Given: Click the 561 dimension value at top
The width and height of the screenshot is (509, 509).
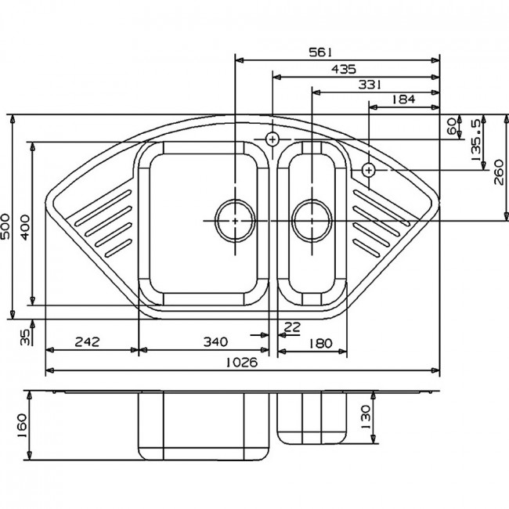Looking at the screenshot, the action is tap(320, 52).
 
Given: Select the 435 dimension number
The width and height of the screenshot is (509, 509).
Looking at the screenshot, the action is tap(344, 69).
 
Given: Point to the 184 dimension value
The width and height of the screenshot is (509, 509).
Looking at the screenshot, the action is tap(403, 99).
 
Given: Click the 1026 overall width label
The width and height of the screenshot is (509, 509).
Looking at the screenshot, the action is tap(241, 362).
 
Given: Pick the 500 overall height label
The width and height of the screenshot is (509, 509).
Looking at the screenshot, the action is tap(5, 226).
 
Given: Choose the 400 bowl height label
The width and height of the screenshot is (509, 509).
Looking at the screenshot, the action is tap(25, 227).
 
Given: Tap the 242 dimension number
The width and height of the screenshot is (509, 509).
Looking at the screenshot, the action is tap(87, 342).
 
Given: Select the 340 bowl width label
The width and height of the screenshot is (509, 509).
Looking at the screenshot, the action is tap(215, 342).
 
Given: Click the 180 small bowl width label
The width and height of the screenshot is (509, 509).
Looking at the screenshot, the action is tap(320, 343).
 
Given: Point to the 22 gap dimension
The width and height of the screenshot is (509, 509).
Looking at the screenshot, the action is tap(292, 327).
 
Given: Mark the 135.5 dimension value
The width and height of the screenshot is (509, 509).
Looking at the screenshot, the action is tap(475, 140).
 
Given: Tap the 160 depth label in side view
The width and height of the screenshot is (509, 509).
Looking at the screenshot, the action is tap(23, 425).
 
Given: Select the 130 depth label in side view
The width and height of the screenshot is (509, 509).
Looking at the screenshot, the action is tap(365, 417).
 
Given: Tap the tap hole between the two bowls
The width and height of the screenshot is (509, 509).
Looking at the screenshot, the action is tap(273, 139).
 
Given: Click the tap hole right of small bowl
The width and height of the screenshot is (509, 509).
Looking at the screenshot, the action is tap(369, 170).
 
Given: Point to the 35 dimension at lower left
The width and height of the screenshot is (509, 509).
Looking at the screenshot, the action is tap(25, 337).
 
